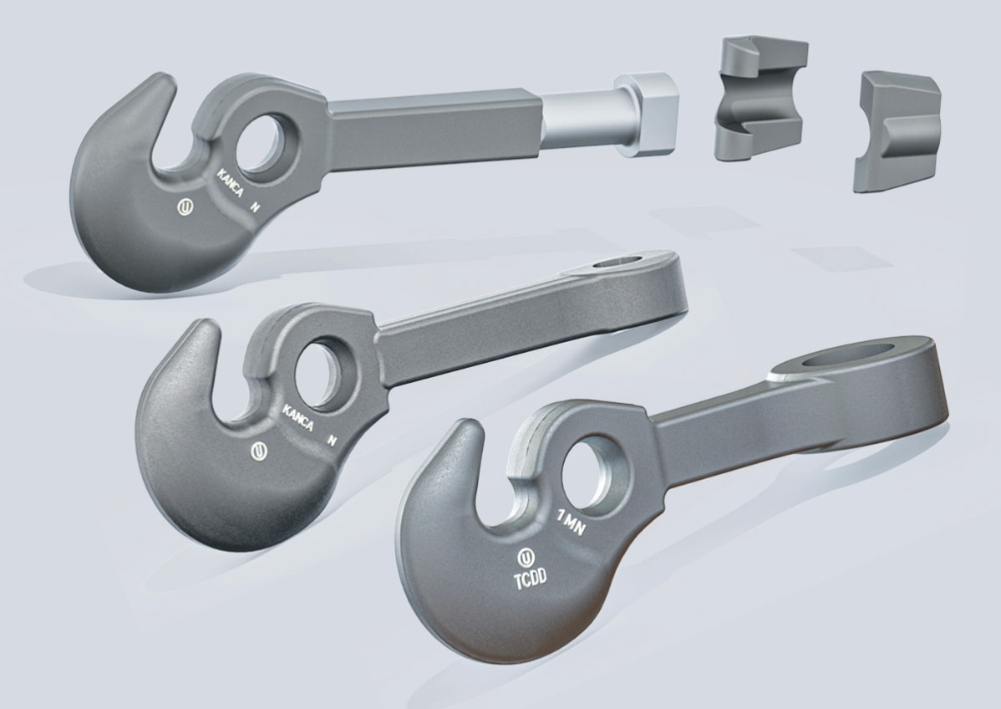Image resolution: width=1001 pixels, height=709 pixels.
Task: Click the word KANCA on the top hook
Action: tap(231, 182)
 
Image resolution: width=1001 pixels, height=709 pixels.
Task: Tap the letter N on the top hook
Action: tap(256, 207)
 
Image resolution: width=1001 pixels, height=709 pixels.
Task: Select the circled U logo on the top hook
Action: tap(185, 207)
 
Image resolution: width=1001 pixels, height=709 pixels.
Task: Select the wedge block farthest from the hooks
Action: tap(896, 131)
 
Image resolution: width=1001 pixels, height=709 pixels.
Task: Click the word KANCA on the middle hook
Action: tap(297, 418)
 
